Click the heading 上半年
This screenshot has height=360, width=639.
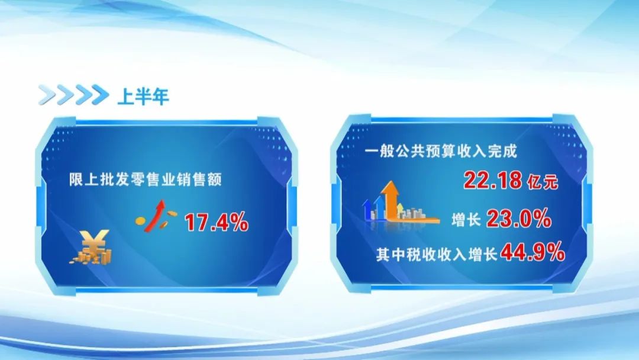143,97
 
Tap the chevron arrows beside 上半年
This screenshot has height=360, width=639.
73,95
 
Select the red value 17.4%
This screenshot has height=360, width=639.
217,223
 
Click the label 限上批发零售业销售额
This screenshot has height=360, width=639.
145,179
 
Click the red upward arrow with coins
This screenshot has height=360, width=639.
156,216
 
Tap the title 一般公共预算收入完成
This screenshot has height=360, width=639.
441,151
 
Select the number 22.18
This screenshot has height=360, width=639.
493,180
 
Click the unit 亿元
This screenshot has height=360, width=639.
543,182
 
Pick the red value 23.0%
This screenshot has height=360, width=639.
519,218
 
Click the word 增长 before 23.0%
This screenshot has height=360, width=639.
466,220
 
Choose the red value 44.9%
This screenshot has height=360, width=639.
532,252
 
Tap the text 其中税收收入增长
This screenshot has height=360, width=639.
437,255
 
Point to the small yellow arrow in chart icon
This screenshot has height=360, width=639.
400,209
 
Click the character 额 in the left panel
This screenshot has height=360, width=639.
214,179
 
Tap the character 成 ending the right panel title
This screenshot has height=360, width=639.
510,151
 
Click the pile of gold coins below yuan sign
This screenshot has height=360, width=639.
91,256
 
